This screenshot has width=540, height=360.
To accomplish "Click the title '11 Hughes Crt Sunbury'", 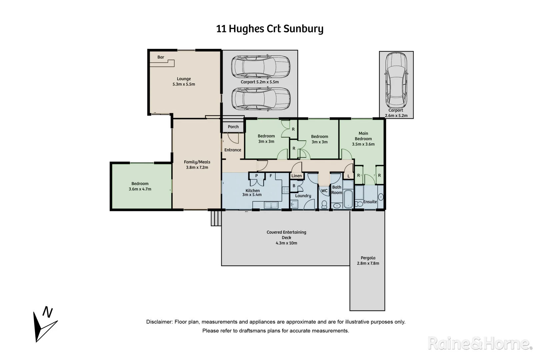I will click(270, 29).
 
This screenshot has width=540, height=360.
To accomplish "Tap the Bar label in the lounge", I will click(161, 57).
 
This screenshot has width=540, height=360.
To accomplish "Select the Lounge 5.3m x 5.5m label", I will click(184, 82).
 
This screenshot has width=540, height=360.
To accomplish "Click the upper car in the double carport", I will click(261, 66).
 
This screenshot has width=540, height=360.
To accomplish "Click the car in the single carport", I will click(396, 80).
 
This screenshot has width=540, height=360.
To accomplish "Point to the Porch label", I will click(233, 127).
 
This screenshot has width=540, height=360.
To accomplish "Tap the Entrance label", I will click(233, 150).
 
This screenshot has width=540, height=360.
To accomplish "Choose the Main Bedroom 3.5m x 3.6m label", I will click(363, 139).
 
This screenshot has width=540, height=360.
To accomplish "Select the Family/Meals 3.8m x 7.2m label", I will click(197, 165).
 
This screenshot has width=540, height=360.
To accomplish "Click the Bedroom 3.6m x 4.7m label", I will click(140, 186).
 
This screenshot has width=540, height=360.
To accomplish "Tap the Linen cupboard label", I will click(296, 176).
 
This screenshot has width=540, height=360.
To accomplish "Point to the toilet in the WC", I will click(324, 203).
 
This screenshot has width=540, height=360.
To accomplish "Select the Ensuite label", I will click(370, 202).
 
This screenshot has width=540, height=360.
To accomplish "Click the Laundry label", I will click(303, 196).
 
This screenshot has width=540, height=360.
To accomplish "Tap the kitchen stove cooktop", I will click(285, 190).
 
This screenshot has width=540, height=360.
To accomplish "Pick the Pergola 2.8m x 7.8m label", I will click(368, 260).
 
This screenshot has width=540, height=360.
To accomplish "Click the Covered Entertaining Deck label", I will click(286, 237).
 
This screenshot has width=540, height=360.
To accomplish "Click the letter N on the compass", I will click(48, 313).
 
